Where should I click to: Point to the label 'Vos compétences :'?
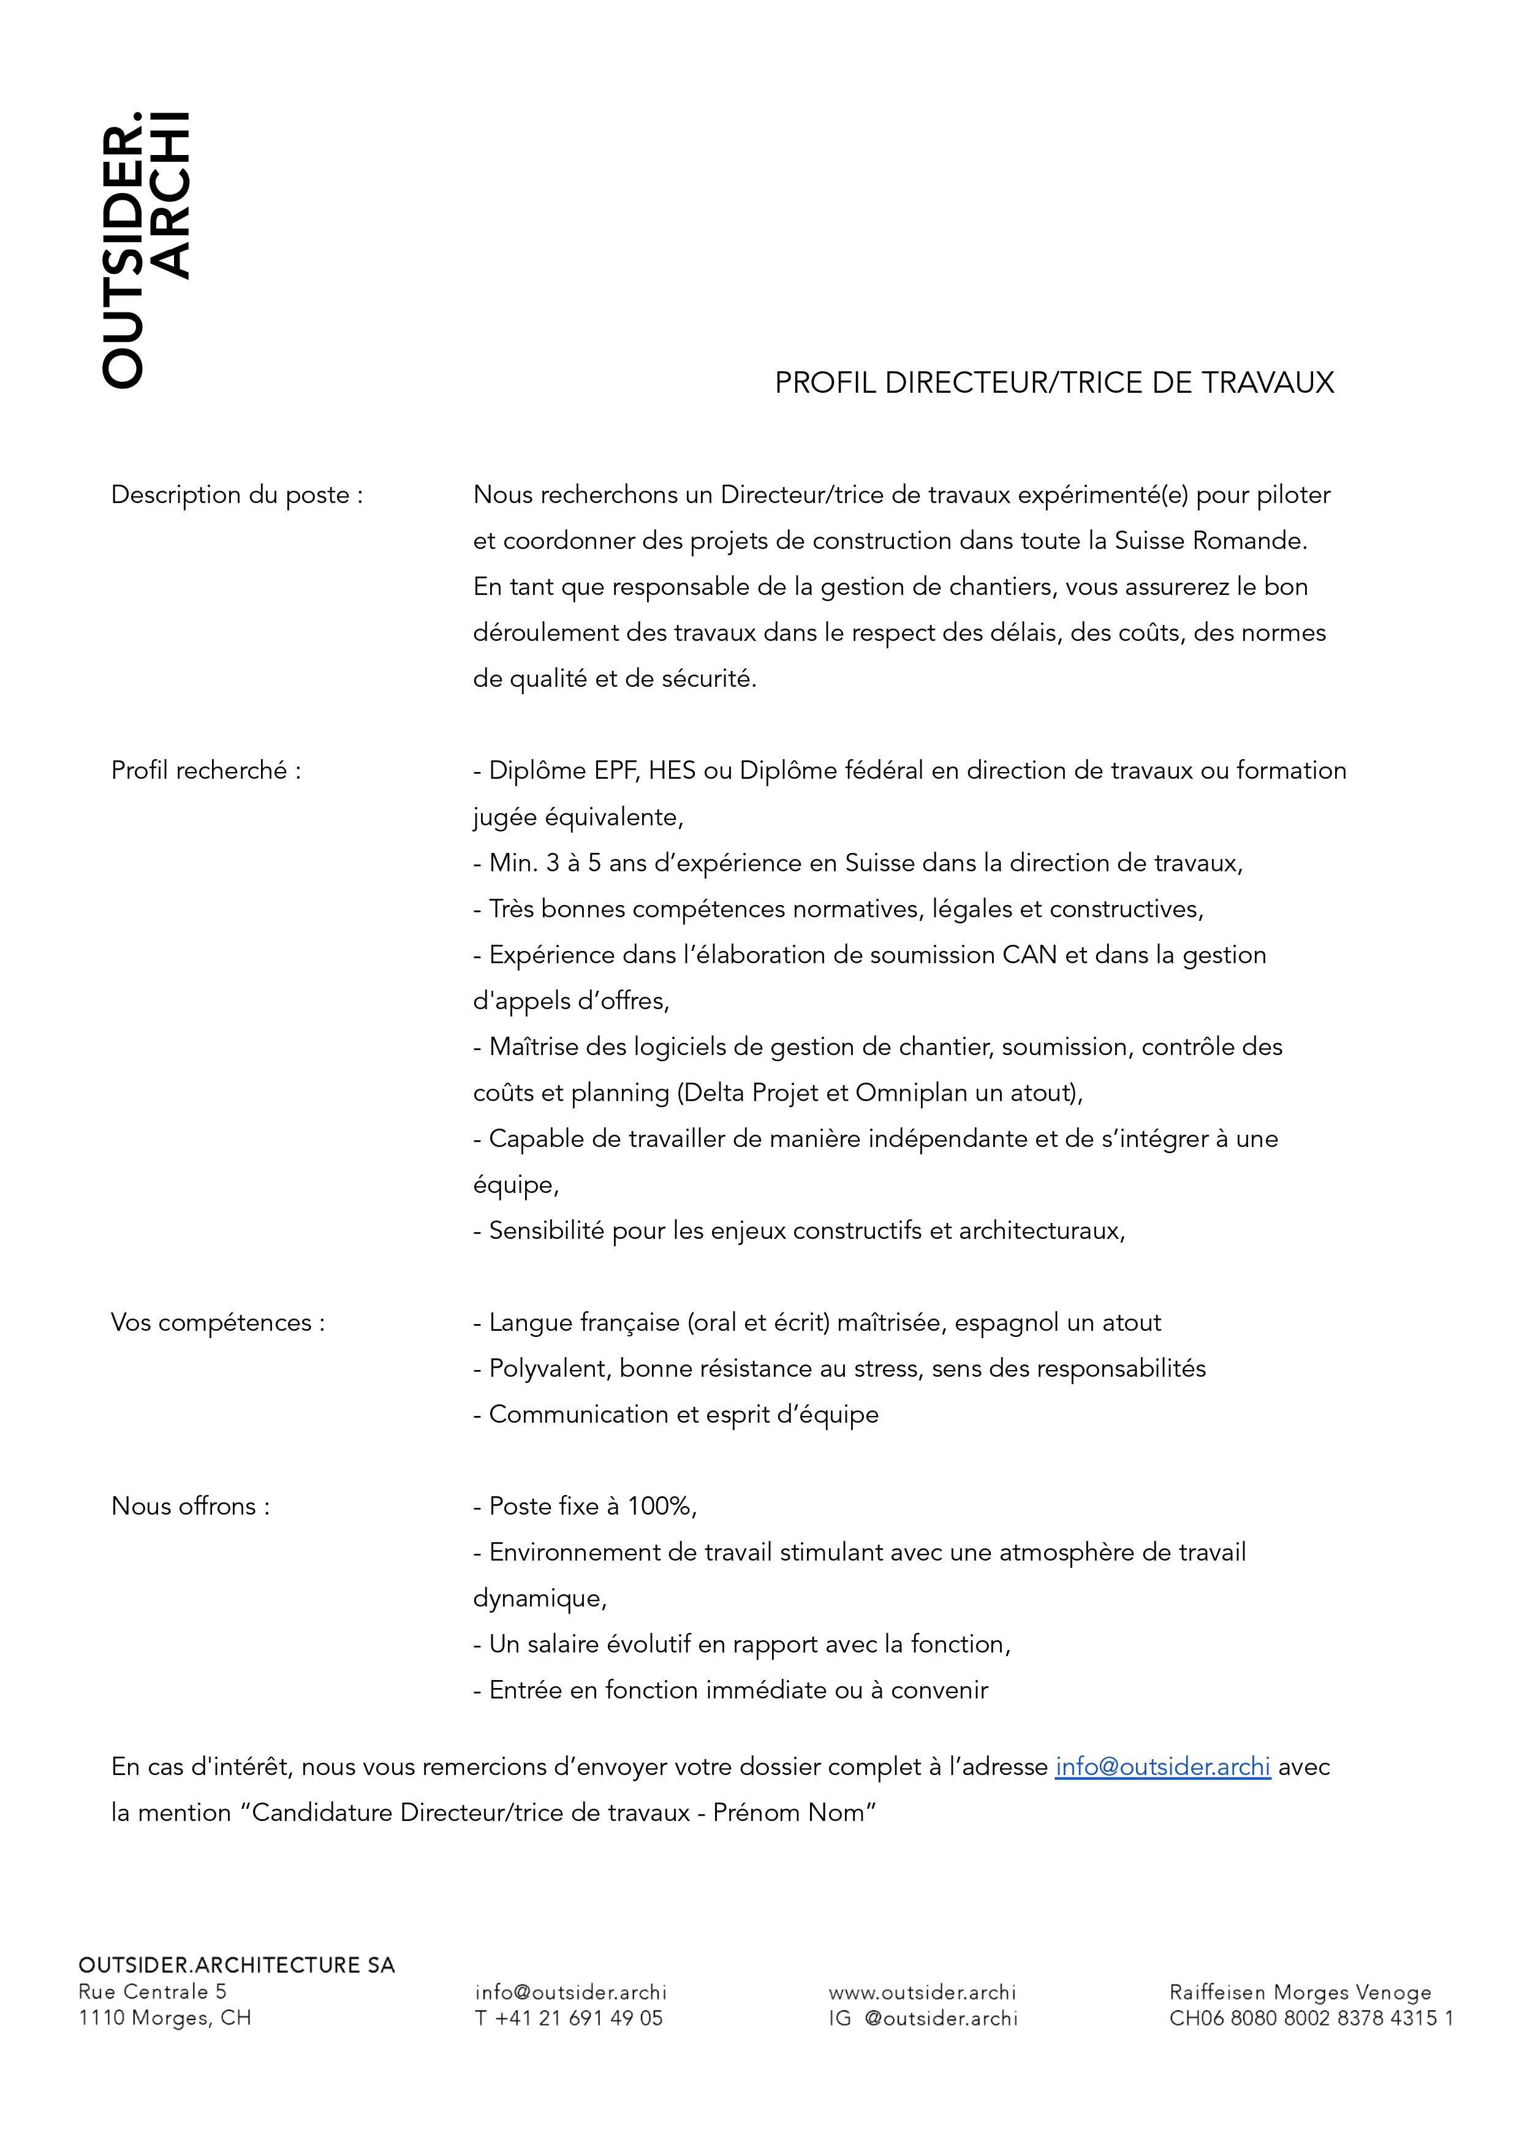coord(218,1322)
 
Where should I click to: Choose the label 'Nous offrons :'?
coord(190,1506)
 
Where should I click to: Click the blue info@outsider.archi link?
coord(1162,1766)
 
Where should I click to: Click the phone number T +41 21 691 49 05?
coord(569,2018)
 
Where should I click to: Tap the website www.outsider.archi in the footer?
coord(922,1991)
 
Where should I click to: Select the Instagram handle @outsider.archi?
coord(940,2018)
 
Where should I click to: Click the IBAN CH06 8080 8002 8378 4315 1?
coord(1310,2018)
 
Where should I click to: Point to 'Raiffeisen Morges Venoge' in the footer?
coord(1300,1991)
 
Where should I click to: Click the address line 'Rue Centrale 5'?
coord(153,1991)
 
